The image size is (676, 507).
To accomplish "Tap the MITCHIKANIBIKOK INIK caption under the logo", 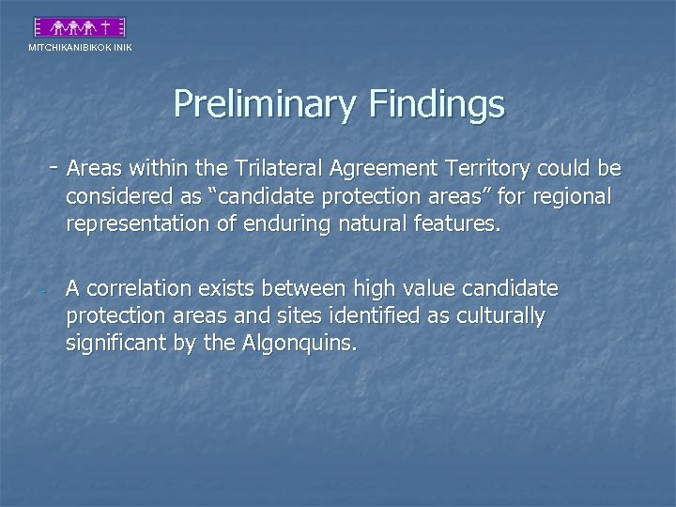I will (80, 47).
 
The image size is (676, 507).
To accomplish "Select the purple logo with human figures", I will (80, 26).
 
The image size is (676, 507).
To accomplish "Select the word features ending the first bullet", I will (455, 225).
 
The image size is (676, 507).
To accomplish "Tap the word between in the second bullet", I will (302, 288).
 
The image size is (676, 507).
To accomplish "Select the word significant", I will (114, 344).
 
